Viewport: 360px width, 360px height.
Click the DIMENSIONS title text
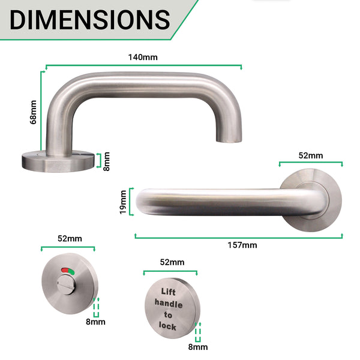[90, 19]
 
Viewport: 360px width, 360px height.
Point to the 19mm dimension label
[123, 202]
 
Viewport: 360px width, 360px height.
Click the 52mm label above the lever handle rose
[311, 155]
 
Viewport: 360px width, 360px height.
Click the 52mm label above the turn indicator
[69, 238]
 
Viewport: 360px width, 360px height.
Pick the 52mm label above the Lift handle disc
[172, 262]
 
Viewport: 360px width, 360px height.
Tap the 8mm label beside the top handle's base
[106, 161]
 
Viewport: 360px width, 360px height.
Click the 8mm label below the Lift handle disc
[198, 346]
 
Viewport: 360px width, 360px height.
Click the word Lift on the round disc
[170, 292]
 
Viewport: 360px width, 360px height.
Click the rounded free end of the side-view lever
[142, 202]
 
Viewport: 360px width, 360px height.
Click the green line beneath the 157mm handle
[239, 236]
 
